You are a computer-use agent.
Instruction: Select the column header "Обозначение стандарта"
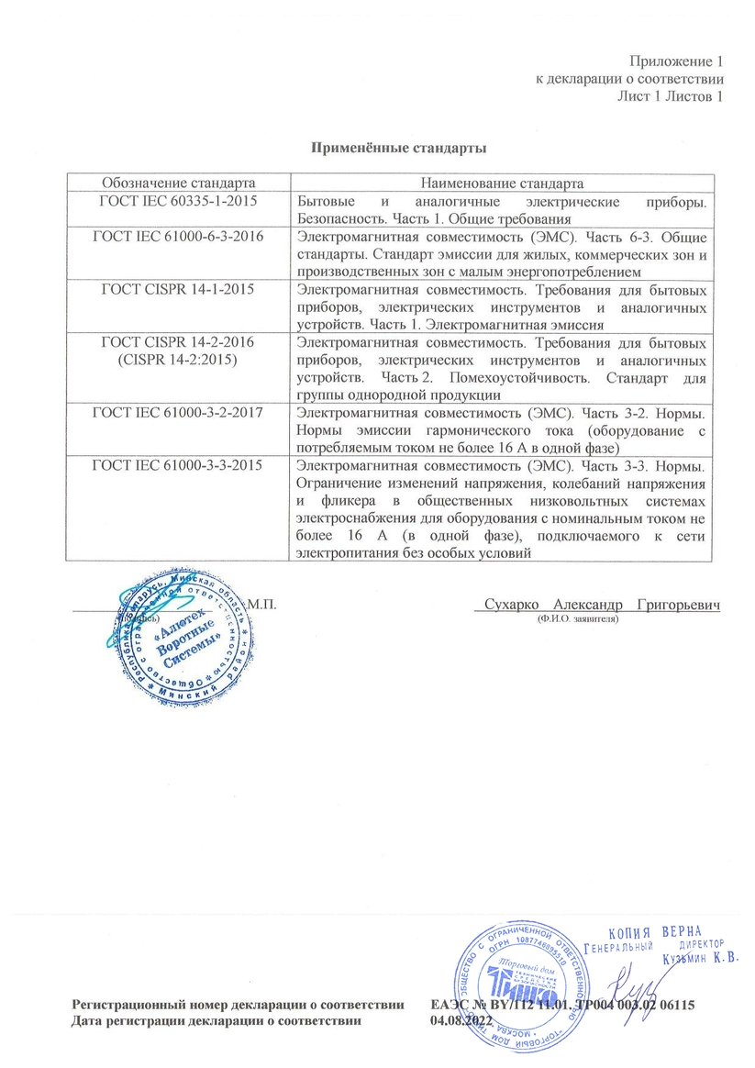click(178, 184)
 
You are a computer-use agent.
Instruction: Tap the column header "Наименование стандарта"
click(501, 184)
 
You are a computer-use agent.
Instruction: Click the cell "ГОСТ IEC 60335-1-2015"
click(178, 201)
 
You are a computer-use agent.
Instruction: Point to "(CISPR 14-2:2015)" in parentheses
click(178, 360)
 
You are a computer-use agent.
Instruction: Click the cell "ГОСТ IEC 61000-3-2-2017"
click(178, 412)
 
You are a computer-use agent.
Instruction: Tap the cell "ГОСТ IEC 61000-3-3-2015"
click(178, 465)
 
